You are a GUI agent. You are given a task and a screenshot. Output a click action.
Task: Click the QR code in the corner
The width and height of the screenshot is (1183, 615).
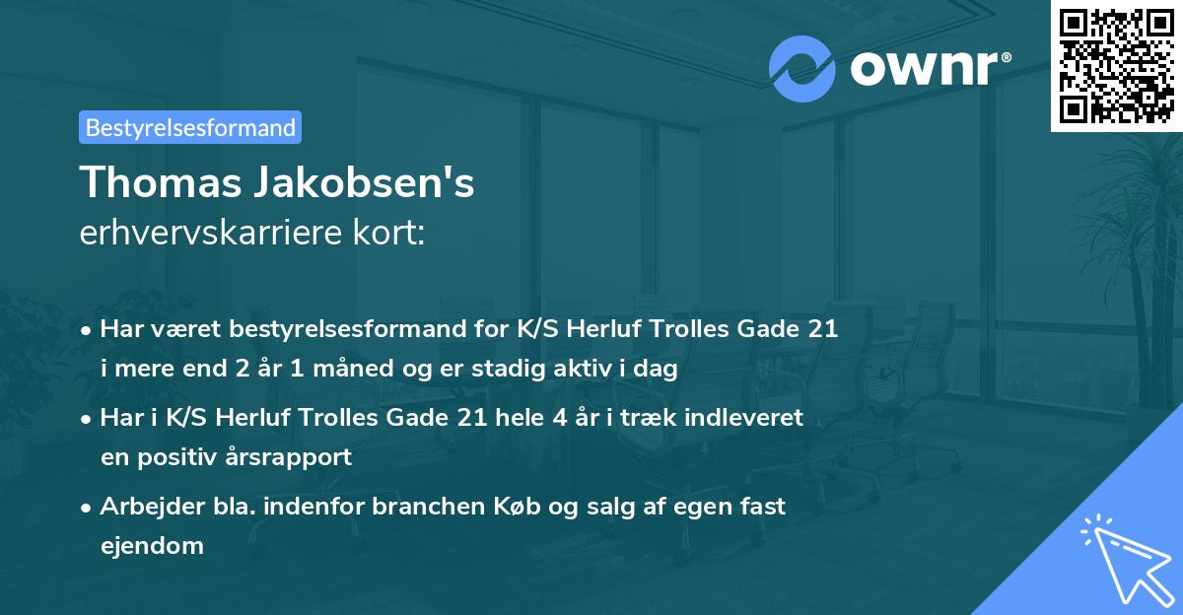tap(1117, 65)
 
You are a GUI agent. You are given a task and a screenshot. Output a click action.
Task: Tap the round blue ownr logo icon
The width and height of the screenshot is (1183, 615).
tap(803, 68)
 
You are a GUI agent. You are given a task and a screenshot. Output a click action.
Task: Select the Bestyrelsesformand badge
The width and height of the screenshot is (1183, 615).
tap(190, 127)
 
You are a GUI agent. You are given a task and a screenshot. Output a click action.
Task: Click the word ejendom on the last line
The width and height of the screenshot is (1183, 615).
tap(152, 545)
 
